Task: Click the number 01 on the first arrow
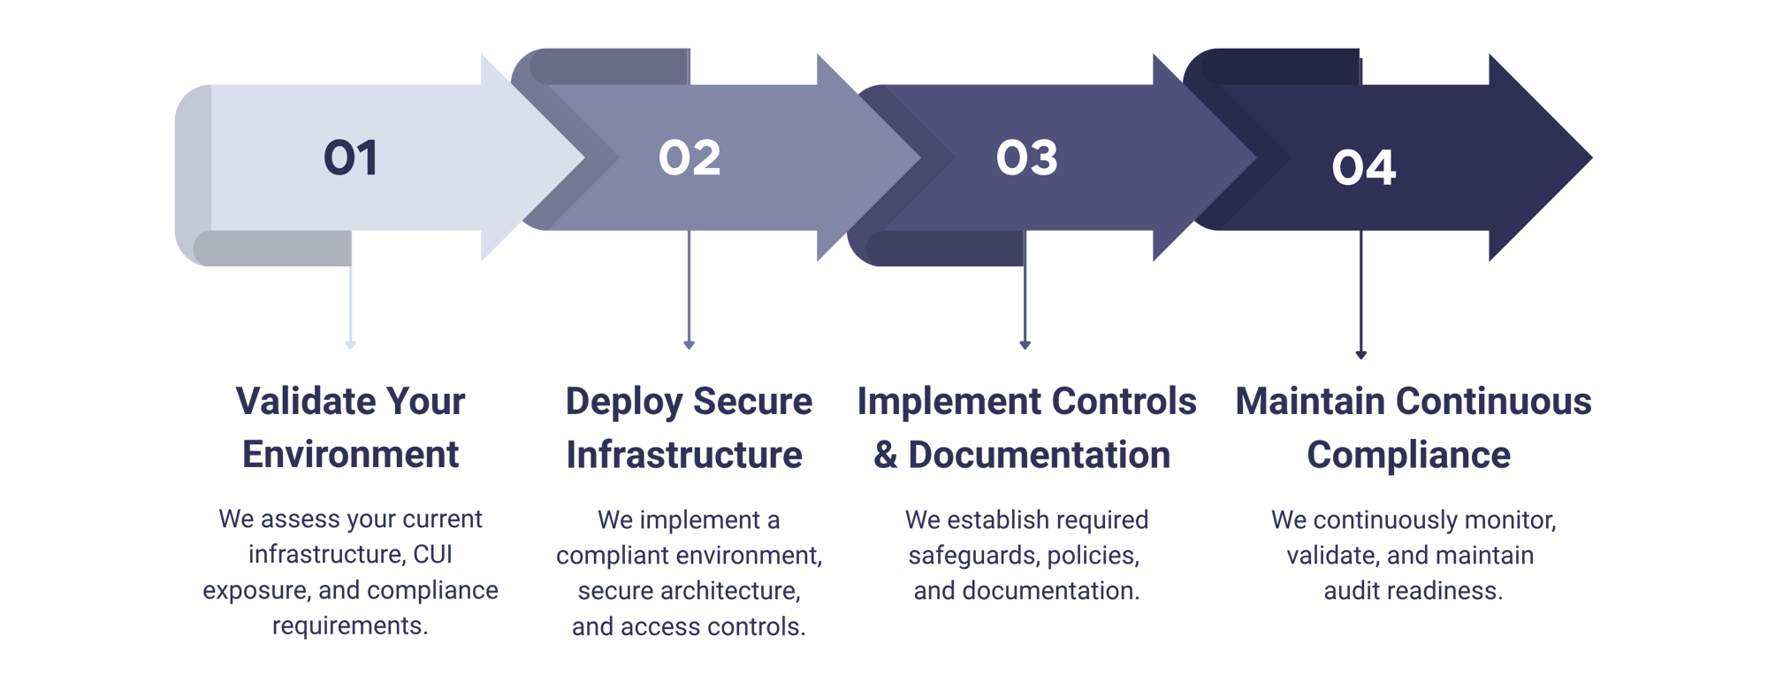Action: (x=351, y=158)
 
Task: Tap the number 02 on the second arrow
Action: (x=690, y=158)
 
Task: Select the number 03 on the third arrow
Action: (x=1026, y=158)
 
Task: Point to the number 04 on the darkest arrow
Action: (x=1364, y=167)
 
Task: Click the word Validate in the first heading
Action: (x=300, y=402)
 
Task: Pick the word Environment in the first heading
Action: (x=351, y=455)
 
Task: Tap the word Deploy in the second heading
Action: (x=623, y=403)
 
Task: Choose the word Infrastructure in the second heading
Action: (x=685, y=455)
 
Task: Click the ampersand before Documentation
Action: (x=886, y=455)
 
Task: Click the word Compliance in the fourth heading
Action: (x=1409, y=455)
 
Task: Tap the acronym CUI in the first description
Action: (x=433, y=555)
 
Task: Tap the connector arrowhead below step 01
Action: (x=351, y=344)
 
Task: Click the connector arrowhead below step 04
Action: (x=1361, y=354)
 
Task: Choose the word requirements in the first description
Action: (x=350, y=626)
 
